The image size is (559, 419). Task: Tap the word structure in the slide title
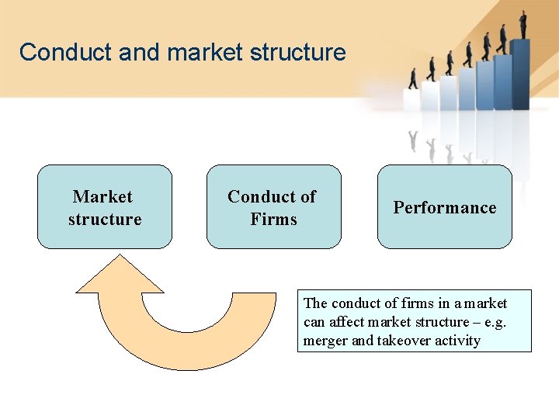click(298, 53)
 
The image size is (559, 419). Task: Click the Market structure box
click(105, 206)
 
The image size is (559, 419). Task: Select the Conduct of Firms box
click(273, 206)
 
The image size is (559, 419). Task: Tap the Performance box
click(444, 206)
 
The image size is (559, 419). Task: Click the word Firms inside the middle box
click(273, 219)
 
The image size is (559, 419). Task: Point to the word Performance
click(444, 207)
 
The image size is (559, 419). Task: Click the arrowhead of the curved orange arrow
click(120, 276)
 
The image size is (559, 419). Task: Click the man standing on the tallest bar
click(523, 23)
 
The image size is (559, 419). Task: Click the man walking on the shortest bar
click(413, 78)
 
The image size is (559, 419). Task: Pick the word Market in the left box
click(102, 197)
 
